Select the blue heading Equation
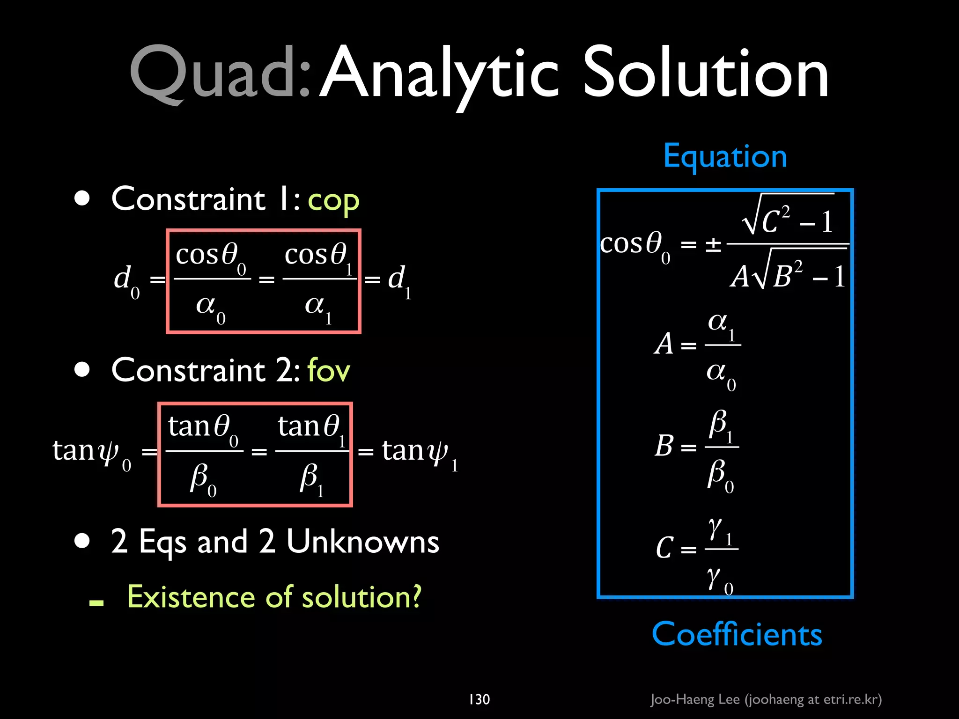pyautogui.click(x=725, y=157)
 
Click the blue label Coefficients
pyautogui.click(x=737, y=634)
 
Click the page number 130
pyautogui.click(x=479, y=699)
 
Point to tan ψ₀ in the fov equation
pyautogui.click(x=91, y=452)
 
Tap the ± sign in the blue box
pyautogui.click(x=713, y=245)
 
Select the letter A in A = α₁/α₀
pyautogui.click(x=664, y=344)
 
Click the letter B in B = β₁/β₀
pyautogui.click(x=664, y=446)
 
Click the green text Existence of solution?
pyautogui.click(x=274, y=597)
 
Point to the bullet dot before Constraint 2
pyautogui.click(x=82, y=369)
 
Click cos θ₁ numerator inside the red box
pyautogui.click(x=317, y=257)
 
